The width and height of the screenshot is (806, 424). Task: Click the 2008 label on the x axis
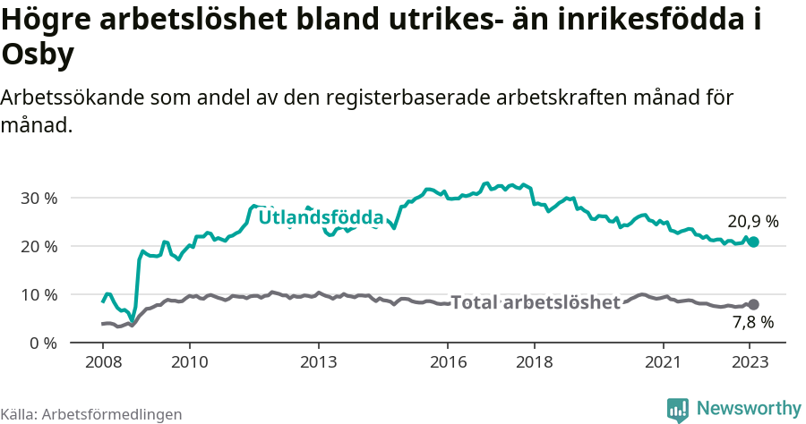(x=102, y=362)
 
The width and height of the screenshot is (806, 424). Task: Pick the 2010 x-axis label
(x=189, y=362)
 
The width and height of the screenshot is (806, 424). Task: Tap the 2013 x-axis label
(x=318, y=362)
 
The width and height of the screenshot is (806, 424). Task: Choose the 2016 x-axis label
(x=448, y=362)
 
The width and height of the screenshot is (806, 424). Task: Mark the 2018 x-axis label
(x=535, y=362)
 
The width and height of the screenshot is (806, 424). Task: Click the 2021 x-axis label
(x=664, y=362)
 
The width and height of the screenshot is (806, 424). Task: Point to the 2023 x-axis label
(x=750, y=362)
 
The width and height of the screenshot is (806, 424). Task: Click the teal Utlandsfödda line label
(x=321, y=217)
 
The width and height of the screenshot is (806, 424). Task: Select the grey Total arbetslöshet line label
(x=536, y=302)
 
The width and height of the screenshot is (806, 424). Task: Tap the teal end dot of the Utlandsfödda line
(x=753, y=242)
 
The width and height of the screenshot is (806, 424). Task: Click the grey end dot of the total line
(x=753, y=305)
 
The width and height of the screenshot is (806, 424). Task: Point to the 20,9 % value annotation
(x=753, y=221)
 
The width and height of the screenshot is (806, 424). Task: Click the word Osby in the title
(x=39, y=55)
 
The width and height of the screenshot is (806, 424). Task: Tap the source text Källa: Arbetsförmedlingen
(x=91, y=414)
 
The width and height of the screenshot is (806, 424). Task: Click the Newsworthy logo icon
(x=678, y=410)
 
